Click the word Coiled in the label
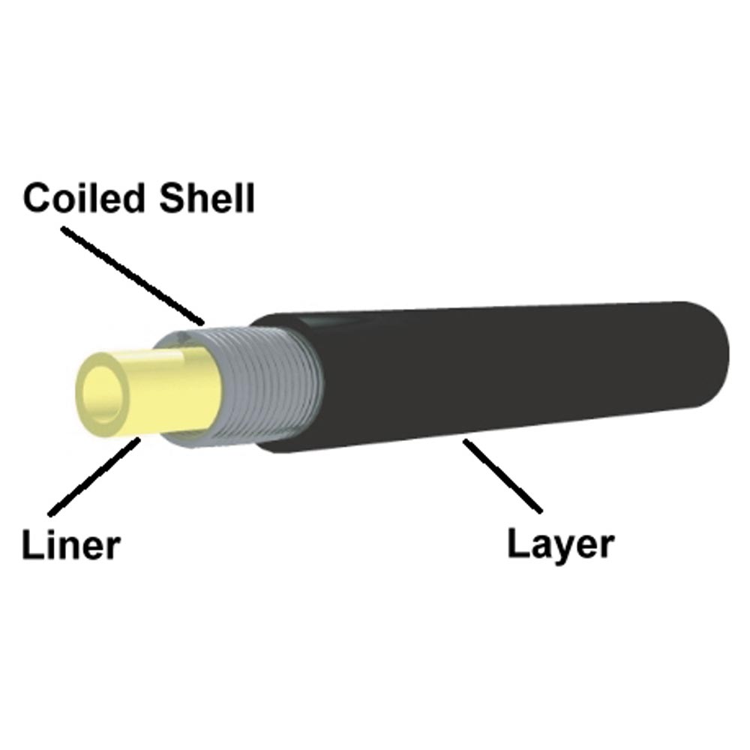[x=84, y=197]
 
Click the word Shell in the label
[x=207, y=197]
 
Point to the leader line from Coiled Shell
[x=133, y=275]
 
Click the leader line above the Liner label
[x=94, y=477]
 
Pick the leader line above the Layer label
[x=502, y=476]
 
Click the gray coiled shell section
[x=258, y=385]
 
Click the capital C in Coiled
[x=37, y=197]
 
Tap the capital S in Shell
[x=173, y=197]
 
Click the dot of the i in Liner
[x=52, y=530]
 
